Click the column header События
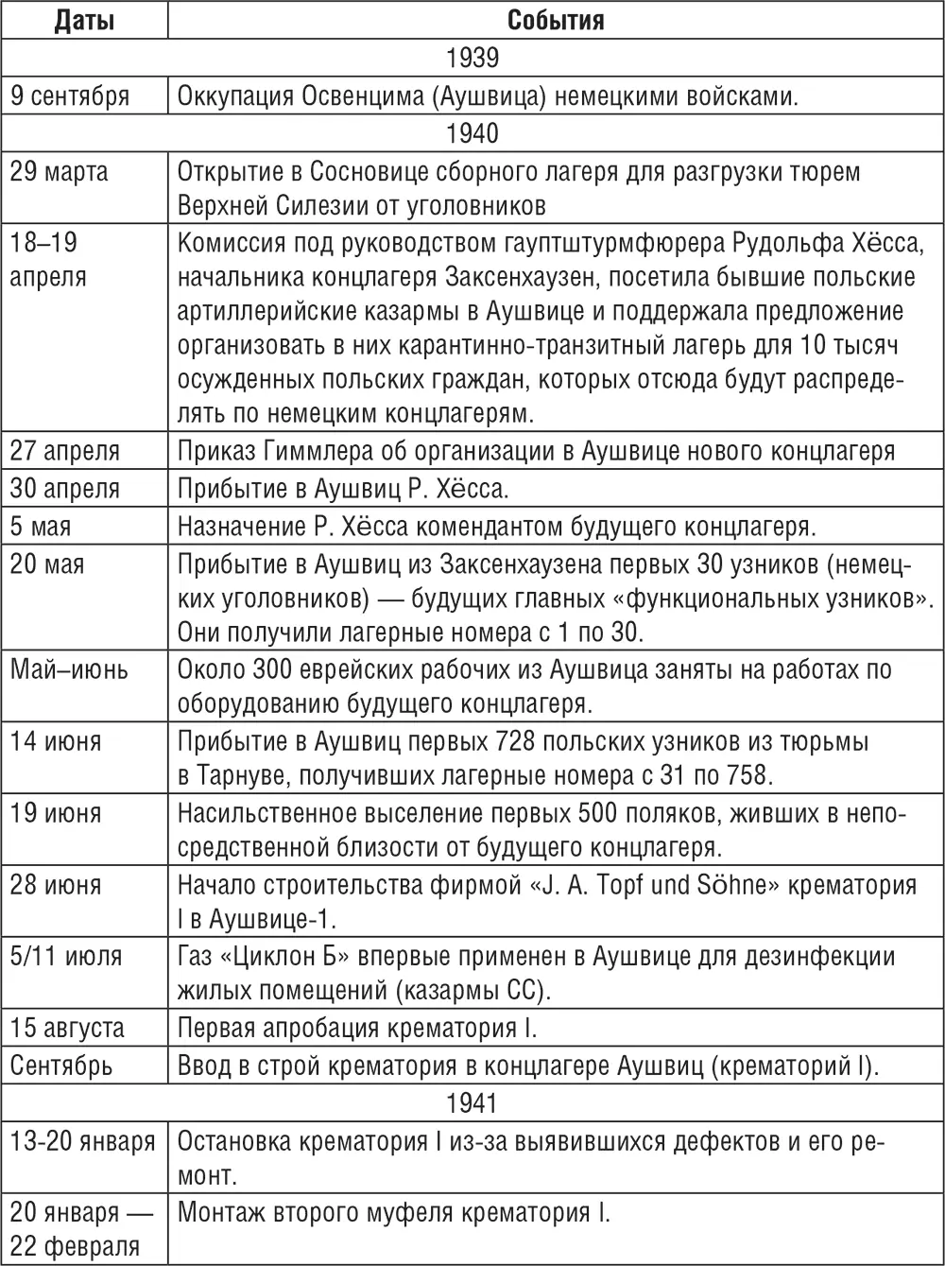coord(556,20)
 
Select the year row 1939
coord(472,58)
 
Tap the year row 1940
coord(472,133)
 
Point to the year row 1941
coord(472,1102)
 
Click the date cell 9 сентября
coord(70,95)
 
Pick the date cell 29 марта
coord(60,172)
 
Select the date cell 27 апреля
coord(65,451)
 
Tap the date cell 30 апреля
coord(65,489)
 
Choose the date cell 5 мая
coord(42,527)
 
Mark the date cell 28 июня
coord(56,886)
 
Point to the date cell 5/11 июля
coord(66,957)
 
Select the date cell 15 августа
coord(67,1028)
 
